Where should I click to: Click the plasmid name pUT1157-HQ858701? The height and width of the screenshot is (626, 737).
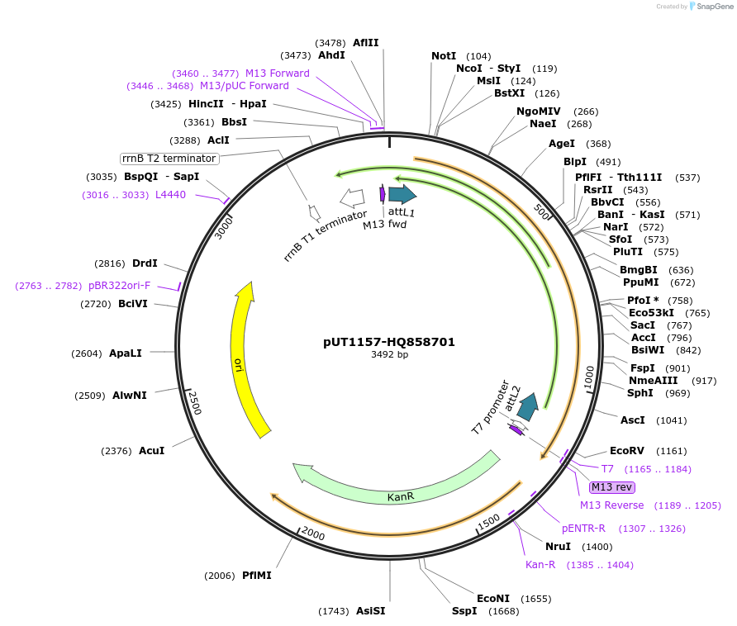click(389, 342)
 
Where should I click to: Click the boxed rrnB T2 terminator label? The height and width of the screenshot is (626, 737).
click(169, 159)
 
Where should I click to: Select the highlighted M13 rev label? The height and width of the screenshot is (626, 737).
click(612, 487)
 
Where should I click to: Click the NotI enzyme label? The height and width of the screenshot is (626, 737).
click(444, 56)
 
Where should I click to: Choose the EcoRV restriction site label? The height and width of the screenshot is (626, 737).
click(625, 451)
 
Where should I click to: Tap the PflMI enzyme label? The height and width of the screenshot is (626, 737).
click(256, 575)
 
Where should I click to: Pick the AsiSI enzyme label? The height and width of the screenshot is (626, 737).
click(370, 611)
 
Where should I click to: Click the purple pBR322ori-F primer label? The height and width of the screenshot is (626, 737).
click(120, 286)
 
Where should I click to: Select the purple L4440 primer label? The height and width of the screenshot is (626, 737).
click(171, 195)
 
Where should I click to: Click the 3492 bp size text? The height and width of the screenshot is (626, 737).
click(389, 354)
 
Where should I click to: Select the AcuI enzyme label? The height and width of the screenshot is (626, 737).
click(151, 451)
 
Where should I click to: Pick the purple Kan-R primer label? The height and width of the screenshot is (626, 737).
click(540, 565)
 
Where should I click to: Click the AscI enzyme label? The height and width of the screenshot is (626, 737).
click(632, 420)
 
